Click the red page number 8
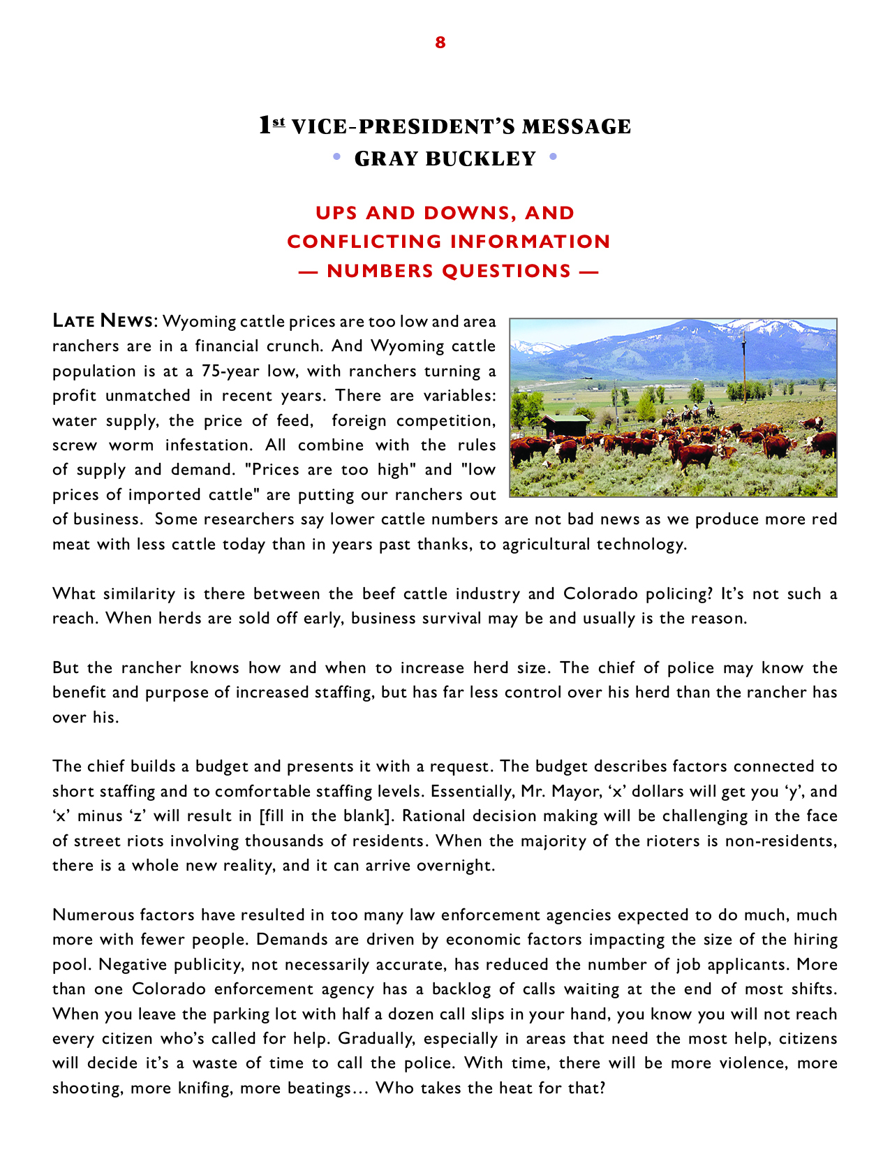[x=440, y=43]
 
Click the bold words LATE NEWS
[x=103, y=321]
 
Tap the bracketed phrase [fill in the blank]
[x=322, y=816]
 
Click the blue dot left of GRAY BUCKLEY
[x=336, y=157]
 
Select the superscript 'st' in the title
[x=279, y=123]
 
